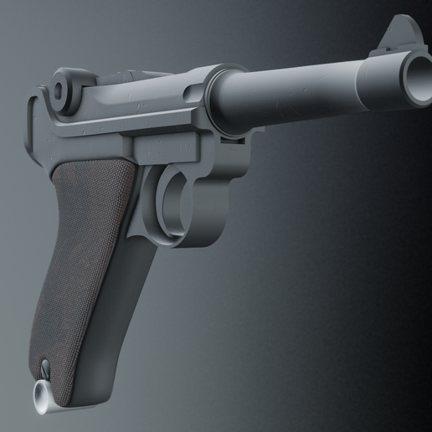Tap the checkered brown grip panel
click(85, 251)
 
